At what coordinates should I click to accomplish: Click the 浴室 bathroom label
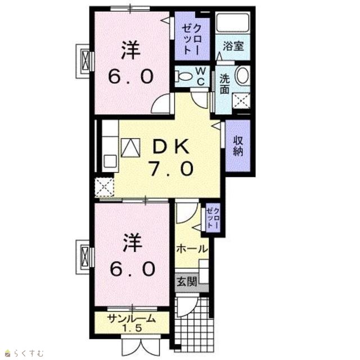233,46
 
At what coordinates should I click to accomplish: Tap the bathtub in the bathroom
233,23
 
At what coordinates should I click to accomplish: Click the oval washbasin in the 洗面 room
242,75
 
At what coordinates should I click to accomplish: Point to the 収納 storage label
238,146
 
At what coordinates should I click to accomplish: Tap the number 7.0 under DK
171,168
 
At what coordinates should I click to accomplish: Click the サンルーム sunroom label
132,319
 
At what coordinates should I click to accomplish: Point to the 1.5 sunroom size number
132,328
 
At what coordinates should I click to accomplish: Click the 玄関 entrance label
187,282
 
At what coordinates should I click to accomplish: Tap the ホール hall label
192,249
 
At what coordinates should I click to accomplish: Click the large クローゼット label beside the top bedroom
192,39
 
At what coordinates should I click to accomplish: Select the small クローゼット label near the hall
213,217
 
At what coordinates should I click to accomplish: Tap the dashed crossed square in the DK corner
105,187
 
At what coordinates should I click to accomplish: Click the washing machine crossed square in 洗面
241,101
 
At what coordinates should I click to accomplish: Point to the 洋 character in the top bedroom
130,50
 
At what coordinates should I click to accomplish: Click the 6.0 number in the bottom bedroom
133,269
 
